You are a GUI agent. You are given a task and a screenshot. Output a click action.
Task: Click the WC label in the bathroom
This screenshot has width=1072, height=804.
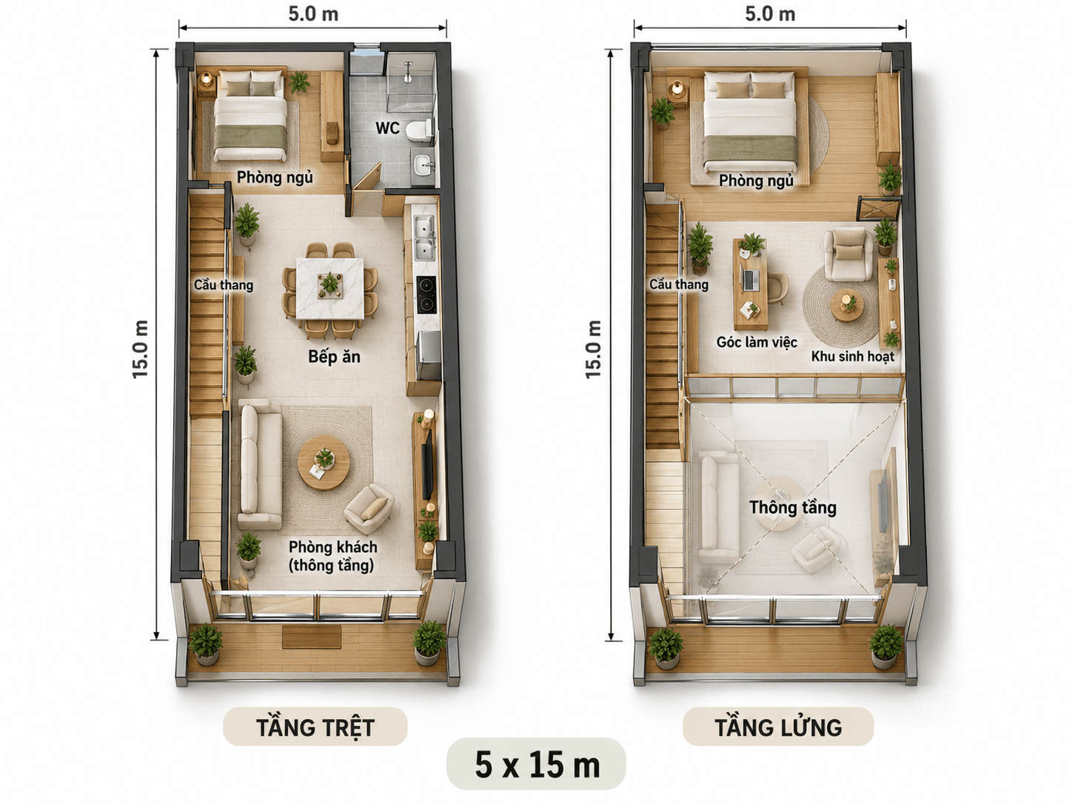click(387, 128)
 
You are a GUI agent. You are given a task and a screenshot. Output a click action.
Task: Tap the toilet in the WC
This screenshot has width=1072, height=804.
click(420, 130)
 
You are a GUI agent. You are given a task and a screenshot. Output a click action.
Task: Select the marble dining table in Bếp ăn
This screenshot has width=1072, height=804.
click(330, 289)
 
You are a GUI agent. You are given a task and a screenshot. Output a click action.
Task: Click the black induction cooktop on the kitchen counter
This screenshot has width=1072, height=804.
click(426, 295)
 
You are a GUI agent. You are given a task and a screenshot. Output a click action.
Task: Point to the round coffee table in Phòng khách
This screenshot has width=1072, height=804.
click(324, 463)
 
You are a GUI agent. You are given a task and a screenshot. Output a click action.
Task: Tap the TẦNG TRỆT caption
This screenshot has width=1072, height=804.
click(315, 728)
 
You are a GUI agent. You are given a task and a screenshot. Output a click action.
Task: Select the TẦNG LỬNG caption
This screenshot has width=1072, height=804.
click(779, 728)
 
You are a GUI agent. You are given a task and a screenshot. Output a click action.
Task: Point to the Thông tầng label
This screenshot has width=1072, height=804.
click(793, 508)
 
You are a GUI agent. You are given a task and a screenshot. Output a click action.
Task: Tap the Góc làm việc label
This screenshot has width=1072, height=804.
click(757, 342)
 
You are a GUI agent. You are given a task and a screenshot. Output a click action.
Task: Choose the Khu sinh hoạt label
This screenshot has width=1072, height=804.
click(853, 356)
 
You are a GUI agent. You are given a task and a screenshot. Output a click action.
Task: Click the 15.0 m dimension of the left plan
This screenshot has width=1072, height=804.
click(140, 349)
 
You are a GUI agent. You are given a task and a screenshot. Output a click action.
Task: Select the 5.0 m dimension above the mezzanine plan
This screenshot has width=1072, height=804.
click(770, 14)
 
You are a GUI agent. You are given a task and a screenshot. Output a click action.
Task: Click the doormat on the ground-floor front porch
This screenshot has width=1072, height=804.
click(312, 637)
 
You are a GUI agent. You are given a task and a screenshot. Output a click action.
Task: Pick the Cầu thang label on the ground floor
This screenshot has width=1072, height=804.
click(224, 284)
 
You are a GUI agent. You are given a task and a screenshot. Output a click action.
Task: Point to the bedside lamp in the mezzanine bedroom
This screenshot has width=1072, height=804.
click(677, 88)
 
